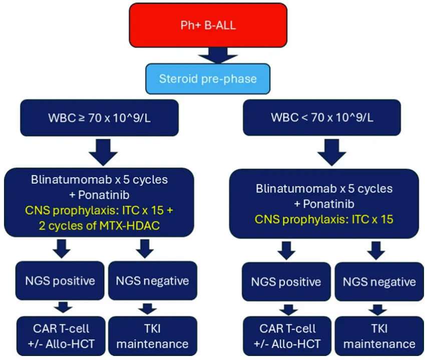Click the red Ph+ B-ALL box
point(208,25)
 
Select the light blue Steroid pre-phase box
point(208,79)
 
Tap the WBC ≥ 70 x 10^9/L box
point(99,117)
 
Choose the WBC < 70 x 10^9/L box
point(322,117)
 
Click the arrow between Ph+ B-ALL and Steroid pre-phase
point(218,55)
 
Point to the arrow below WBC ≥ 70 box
point(103,152)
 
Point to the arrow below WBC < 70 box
point(332,152)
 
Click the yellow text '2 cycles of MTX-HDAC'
point(99,226)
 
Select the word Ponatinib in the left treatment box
point(104,195)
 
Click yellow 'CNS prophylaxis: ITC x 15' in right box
point(324,219)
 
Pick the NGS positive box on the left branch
point(60,280)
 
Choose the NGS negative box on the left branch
point(153,280)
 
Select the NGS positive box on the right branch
point(286,281)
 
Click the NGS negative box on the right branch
point(379,281)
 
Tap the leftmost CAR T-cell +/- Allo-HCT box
point(61,336)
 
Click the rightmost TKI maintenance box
point(379,336)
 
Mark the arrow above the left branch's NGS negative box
point(145,248)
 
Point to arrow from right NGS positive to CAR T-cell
point(288,309)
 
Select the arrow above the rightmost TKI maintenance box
point(377,309)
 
